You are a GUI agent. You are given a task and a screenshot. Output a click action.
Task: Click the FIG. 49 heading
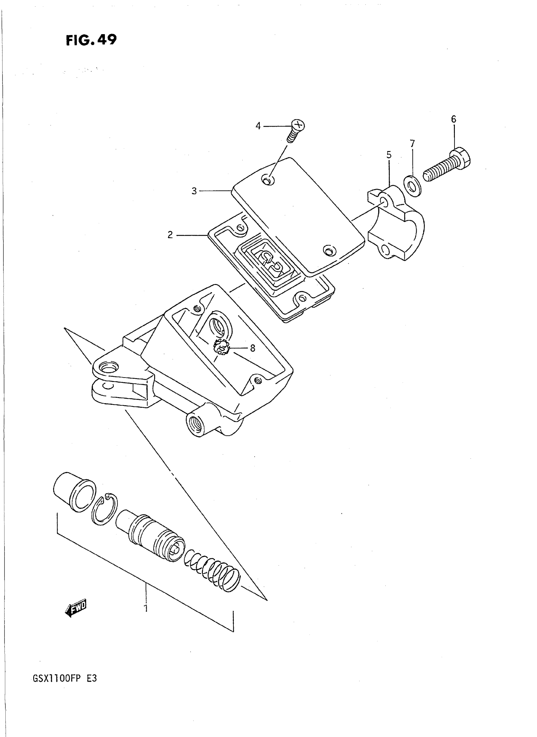coord(91,40)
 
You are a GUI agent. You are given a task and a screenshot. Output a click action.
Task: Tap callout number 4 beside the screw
coord(258,126)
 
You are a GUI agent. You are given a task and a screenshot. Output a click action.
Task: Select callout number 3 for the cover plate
coord(194,191)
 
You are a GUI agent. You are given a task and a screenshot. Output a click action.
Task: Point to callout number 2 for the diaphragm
coord(170,235)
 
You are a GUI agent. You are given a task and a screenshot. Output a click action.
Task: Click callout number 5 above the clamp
coord(389,155)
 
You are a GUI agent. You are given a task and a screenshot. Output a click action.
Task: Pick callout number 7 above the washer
coord(412,143)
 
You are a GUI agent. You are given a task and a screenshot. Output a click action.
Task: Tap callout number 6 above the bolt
coord(454,119)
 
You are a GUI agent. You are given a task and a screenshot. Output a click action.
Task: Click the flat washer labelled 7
coord(413,186)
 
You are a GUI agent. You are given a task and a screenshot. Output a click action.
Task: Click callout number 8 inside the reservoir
coord(253,348)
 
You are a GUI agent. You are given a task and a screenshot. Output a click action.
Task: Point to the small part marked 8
coord(222,347)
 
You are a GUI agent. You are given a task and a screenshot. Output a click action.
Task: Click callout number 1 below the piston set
coord(146,607)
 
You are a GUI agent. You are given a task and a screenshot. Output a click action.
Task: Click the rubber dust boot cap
coord(74,492)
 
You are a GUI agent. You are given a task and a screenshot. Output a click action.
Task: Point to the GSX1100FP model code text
coord(57,679)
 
